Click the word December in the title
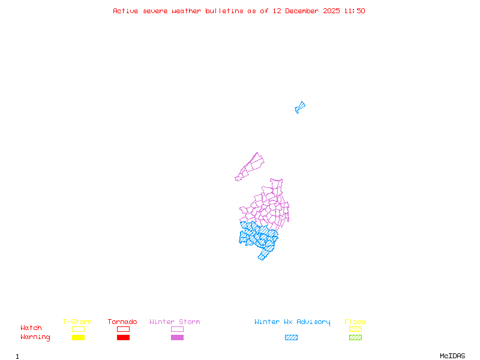303,11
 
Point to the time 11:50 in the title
353,11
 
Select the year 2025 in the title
331,11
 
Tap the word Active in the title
125,11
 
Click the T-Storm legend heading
77,322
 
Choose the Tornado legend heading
122,322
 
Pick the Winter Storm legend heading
175,322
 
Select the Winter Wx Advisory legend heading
292,322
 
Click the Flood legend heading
355,322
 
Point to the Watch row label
31,328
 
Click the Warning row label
35,337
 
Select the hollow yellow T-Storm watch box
78,329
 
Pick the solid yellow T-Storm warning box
78,338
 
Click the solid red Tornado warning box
123,338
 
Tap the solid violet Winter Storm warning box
177,338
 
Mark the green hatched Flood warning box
355,338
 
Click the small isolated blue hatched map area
300,107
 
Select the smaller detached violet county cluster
251,166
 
